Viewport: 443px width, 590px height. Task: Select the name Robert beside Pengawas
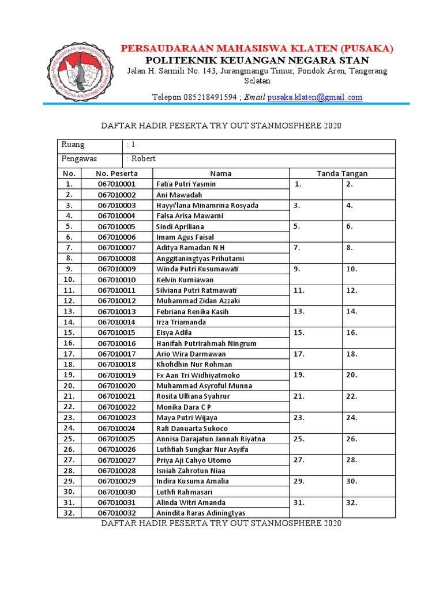pos(143,159)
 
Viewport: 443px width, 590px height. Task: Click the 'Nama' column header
pos(220,173)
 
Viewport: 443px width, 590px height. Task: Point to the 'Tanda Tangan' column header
pos(342,173)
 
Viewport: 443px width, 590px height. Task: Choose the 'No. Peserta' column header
pos(117,173)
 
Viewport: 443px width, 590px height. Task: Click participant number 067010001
pos(117,184)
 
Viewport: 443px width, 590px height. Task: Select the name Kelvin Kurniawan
pos(185,279)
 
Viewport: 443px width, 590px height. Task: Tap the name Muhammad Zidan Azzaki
pos(198,301)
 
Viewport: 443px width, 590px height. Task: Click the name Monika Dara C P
pos(183,407)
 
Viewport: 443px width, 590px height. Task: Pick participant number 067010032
pos(117,513)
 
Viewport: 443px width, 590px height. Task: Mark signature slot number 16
pos(352,333)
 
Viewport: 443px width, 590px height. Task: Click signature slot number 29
pos(299,481)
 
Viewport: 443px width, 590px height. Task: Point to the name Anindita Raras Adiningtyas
pos(201,513)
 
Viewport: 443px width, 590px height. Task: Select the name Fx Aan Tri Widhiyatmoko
pos(198,375)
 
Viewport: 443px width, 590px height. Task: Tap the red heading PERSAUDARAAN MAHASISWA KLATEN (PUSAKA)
pos(257,48)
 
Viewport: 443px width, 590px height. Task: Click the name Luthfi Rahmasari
pos(185,492)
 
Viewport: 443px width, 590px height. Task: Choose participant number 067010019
pos(117,375)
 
